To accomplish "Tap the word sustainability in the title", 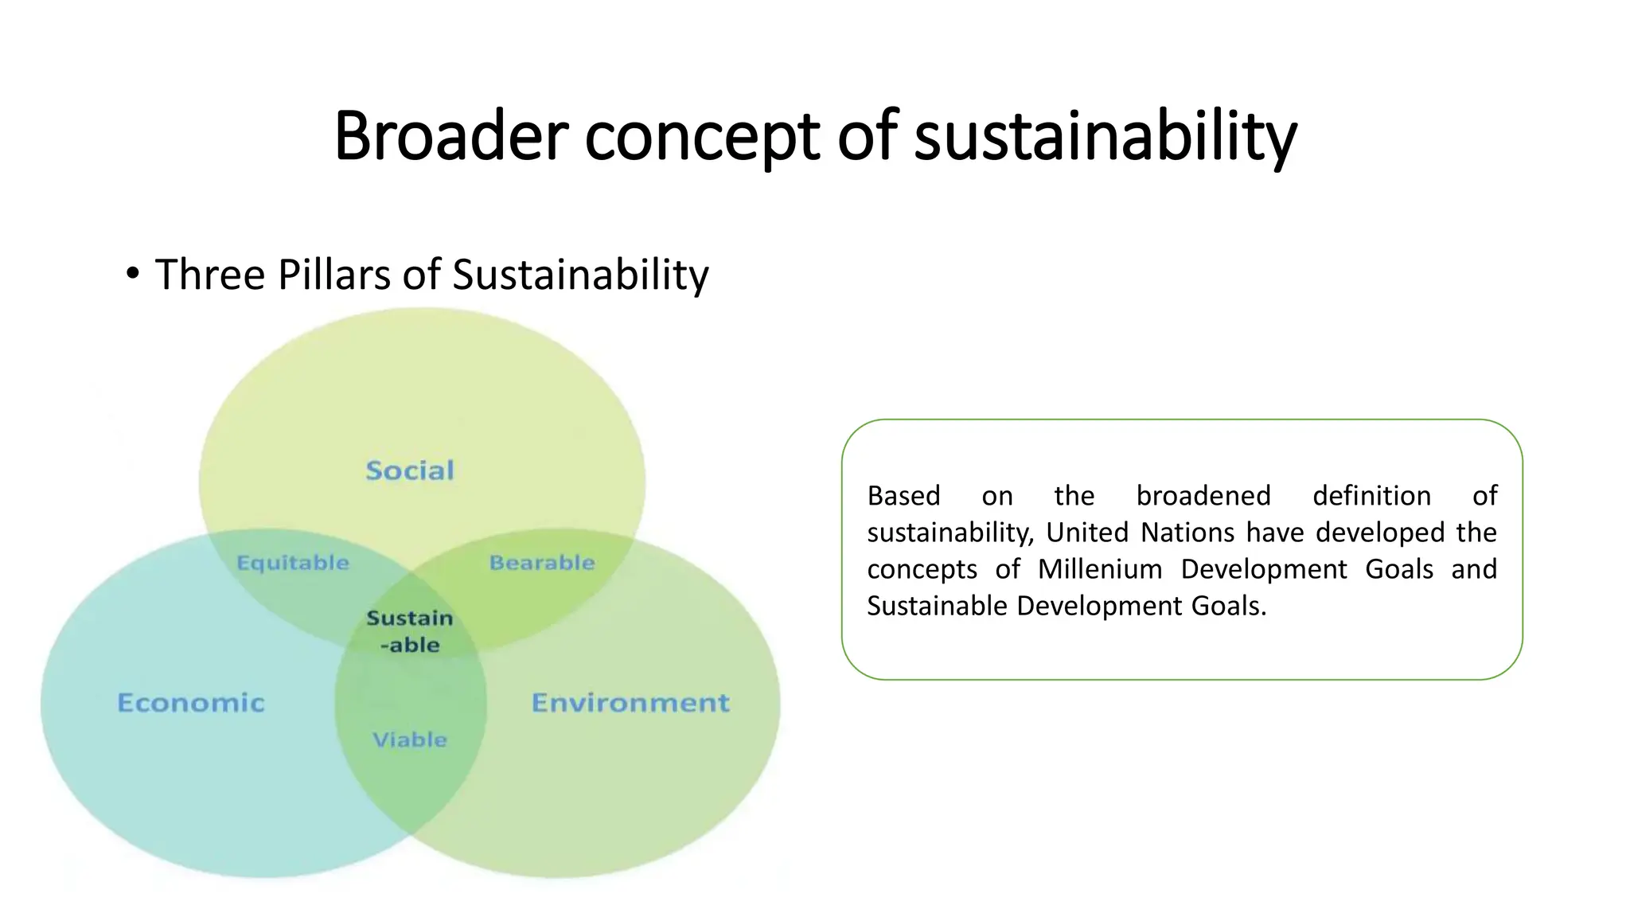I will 1106,137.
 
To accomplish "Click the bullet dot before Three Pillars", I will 133,275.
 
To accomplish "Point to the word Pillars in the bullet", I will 334,275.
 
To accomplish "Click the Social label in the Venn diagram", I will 410,470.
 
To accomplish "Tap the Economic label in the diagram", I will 191,703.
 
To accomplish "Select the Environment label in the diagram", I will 630,703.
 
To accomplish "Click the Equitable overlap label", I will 293,563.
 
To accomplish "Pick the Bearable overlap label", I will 542,563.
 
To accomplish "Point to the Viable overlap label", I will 410,740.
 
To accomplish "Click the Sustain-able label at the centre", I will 410,631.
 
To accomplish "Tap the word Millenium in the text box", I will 1100,569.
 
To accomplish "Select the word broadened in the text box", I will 1203,496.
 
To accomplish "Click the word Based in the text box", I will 903,496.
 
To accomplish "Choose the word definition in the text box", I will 1371,496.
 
